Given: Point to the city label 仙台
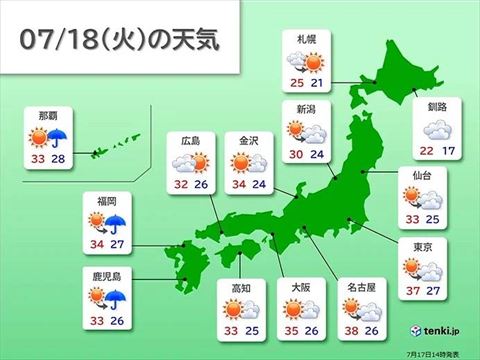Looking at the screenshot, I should (x=420, y=175).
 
